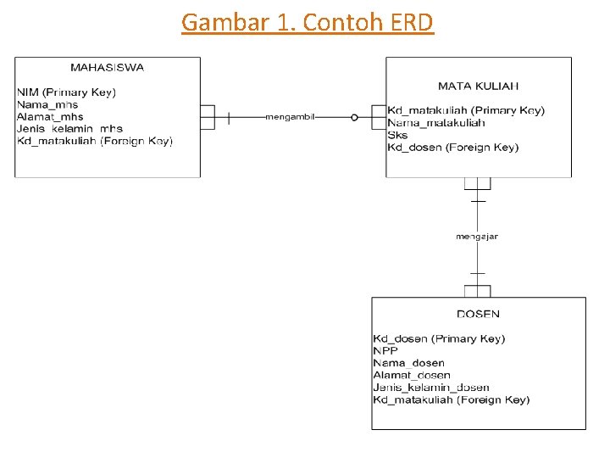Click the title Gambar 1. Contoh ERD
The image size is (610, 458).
[x=308, y=23]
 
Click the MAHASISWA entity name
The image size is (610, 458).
[x=108, y=68]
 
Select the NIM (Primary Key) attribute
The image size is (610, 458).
[x=67, y=92]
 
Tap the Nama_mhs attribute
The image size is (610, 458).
[x=47, y=105]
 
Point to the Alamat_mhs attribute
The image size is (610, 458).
[x=50, y=117]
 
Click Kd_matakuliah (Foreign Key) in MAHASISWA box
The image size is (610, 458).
[x=95, y=141]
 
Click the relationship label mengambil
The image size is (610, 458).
[x=290, y=117]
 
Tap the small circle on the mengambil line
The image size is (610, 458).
[x=354, y=117]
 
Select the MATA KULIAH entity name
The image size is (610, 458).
[x=478, y=86]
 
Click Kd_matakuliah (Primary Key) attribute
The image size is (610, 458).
[x=466, y=110]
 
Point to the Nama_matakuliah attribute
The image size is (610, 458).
[x=436, y=123]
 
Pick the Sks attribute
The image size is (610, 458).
[x=397, y=135]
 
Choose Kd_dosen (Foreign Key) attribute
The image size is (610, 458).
[x=453, y=148]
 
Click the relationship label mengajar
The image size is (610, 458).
[x=477, y=237]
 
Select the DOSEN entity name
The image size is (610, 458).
[x=478, y=314]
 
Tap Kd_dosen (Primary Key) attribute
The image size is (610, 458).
[x=439, y=338]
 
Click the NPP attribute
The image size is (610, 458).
[x=385, y=351]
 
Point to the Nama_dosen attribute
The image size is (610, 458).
[x=409, y=363]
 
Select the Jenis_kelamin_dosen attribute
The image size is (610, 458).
[x=431, y=388]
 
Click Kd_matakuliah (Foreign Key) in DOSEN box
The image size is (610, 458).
[x=452, y=400]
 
